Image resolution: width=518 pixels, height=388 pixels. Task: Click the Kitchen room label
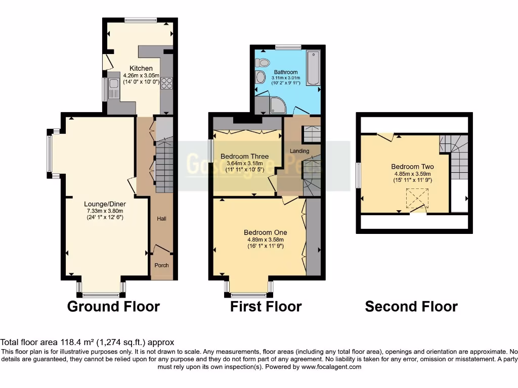pos(141,68)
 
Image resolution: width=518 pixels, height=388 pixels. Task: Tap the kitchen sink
pos(113,89)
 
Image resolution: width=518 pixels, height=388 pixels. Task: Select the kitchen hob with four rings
pos(166,84)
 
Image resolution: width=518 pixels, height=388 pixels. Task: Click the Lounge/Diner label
pos(104,204)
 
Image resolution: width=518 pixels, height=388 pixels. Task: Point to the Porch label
pos(161,265)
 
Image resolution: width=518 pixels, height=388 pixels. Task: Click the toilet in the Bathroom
pos(262,63)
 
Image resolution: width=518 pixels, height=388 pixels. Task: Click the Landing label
pos(299,151)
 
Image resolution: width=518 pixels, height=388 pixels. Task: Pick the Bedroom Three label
pos(244,156)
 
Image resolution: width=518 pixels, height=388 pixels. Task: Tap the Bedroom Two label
pos(412,167)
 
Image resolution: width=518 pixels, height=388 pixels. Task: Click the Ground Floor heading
pos(113,306)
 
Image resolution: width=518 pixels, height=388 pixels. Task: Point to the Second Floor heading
pos(411,306)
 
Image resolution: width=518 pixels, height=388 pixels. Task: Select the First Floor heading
pos(266,306)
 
